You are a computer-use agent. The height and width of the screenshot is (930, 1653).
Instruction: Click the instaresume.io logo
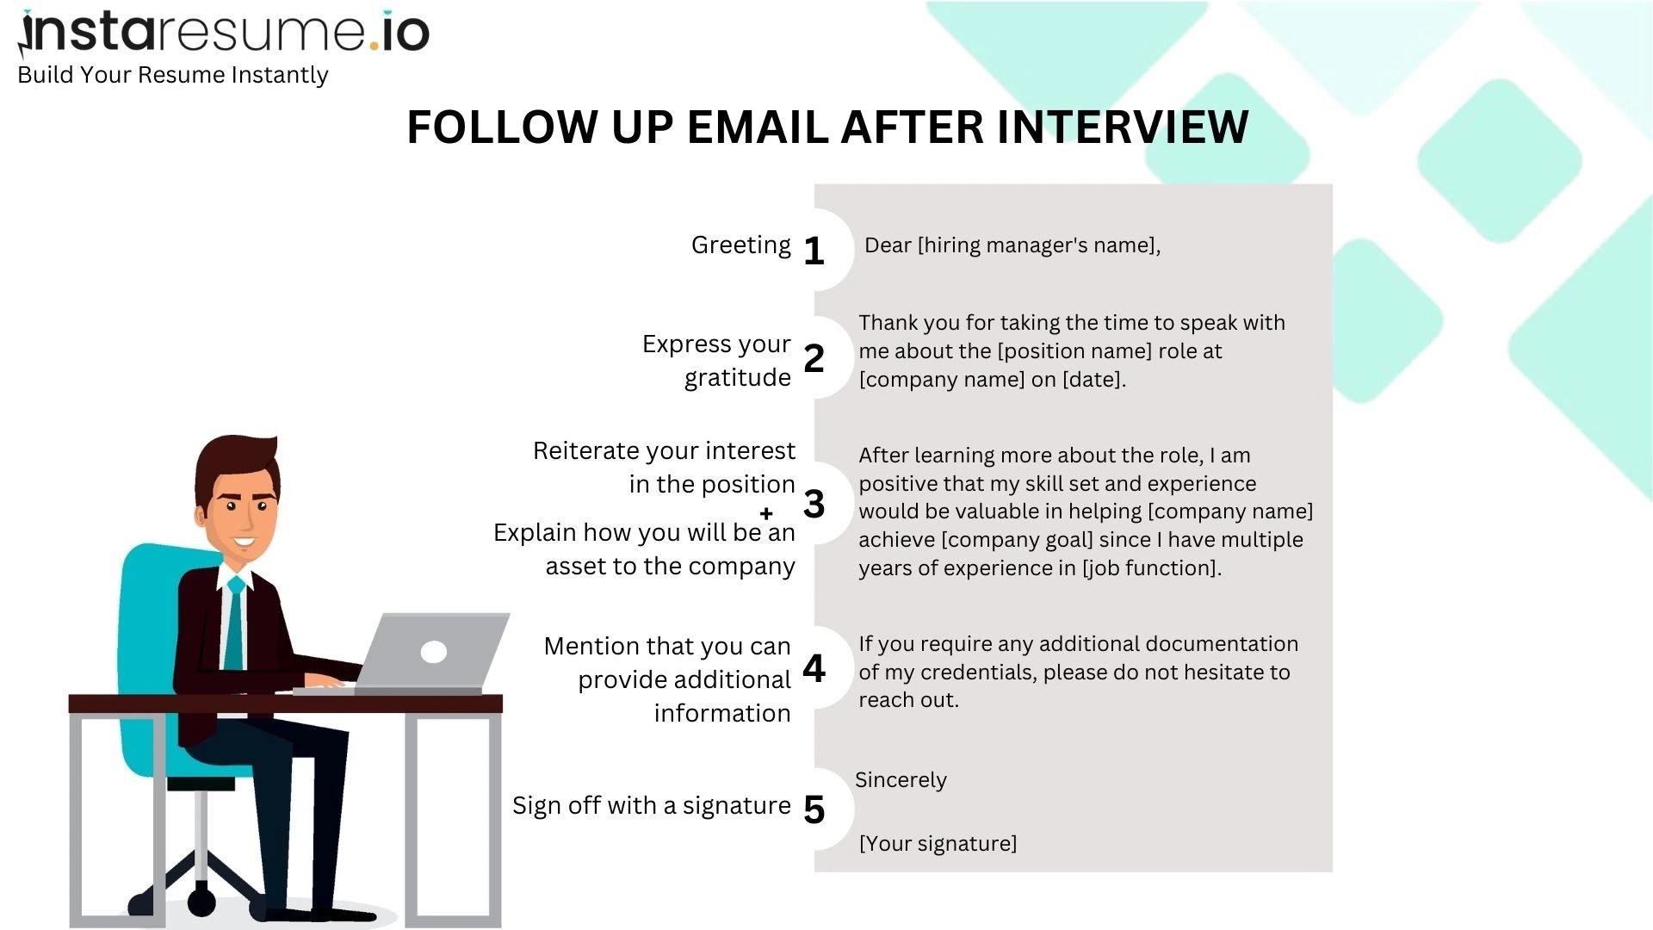[x=224, y=33]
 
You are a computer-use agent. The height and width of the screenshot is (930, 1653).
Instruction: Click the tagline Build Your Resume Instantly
[x=172, y=75]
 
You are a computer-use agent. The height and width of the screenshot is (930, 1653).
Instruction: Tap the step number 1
[x=814, y=251]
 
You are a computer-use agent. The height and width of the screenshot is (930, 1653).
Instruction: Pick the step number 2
[x=814, y=358]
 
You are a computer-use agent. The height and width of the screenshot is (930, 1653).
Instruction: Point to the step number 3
[x=814, y=504]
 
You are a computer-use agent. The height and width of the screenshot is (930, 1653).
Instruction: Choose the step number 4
[x=814, y=668]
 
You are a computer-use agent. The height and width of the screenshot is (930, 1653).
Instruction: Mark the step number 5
[x=814, y=809]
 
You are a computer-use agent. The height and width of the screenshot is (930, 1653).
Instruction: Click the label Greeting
[x=740, y=245]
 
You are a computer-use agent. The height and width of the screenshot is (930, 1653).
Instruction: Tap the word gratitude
[x=737, y=378]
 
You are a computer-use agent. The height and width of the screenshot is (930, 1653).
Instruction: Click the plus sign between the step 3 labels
[x=766, y=514]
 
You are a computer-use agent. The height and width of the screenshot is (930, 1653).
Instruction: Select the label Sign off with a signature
[x=651, y=806]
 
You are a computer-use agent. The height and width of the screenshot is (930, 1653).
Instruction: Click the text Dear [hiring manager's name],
[x=1012, y=245]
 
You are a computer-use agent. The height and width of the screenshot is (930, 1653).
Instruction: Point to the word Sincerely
[x=901, y=780]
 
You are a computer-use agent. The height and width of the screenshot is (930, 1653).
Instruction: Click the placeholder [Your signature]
[x=938, y=844]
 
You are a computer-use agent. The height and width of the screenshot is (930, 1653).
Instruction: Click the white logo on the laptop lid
[x=433, y=652]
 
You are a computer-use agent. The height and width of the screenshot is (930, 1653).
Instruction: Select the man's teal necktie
[x=234, y=624]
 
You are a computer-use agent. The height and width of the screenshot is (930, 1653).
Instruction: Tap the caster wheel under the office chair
[x=201, y=902]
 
